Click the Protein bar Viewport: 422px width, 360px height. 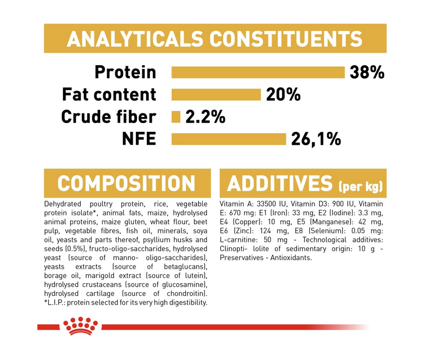(x=258, y=73)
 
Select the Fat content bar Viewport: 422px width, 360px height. (x=216, y=94)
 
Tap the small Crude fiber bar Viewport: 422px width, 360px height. (x=176, y=117)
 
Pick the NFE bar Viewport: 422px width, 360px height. (x=229, y=139)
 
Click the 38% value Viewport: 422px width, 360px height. (x=367, y=73)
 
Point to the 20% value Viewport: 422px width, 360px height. (x=283, y=94)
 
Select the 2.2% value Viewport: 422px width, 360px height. (x=205, y=117)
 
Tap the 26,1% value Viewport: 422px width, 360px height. (x=316, y=139)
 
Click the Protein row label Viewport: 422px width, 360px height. (x=126, y=72)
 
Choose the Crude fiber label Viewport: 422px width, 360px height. (x=109, y=117)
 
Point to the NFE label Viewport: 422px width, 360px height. (x=139, y=139)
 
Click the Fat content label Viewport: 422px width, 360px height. (x=109, y=94)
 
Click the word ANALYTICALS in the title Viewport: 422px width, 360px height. (x=135, y=39)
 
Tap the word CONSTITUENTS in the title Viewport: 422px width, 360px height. (x=286, y=39)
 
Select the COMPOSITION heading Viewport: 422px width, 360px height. (x=126, y=183)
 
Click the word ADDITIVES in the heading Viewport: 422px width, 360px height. (x=280, y=183)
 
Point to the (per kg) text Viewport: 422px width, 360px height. (x=361, y=186)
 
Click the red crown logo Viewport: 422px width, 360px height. (x=81, y=326)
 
